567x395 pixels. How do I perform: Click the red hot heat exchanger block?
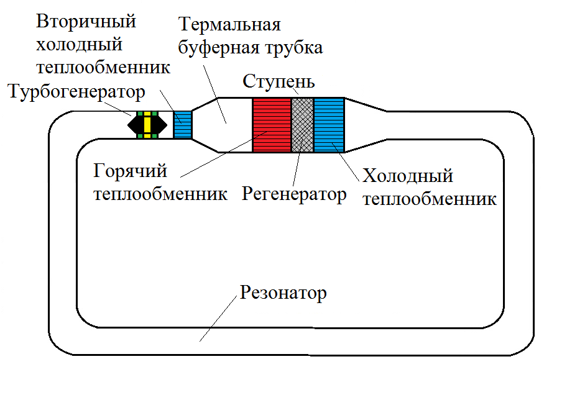(x=272, y=124)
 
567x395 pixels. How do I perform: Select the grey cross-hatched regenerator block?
(x=303, y=124)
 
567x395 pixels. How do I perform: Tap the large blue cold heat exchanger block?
(x=329, y=124)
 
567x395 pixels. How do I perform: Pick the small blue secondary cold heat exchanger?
(x=183, y=124)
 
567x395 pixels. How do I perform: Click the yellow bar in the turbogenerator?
(x=148, y=124)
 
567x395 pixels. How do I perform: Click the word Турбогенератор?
(x=78, y=93)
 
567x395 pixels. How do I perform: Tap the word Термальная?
(x=229, y=25)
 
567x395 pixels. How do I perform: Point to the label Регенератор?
(x=294, y=194)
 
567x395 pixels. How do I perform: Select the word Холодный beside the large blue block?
(x=408, y=176)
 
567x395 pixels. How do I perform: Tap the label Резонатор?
(x=283, y=293)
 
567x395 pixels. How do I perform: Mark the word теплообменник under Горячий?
(x=160, y=194)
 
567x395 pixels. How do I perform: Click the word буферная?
(x=223, y=47)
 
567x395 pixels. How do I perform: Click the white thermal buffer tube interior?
(x=223, y=124)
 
